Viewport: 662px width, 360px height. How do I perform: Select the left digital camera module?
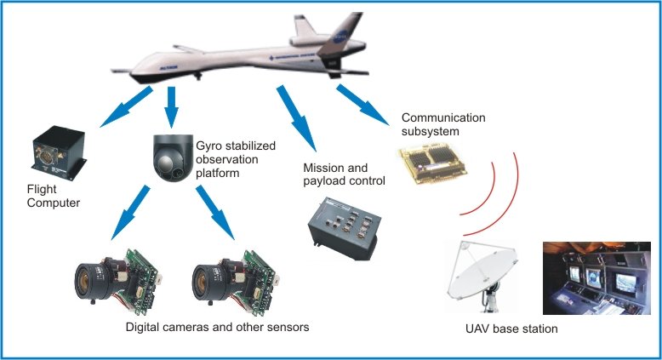[116, 277]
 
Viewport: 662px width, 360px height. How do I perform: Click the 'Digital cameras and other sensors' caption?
[217, 326]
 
